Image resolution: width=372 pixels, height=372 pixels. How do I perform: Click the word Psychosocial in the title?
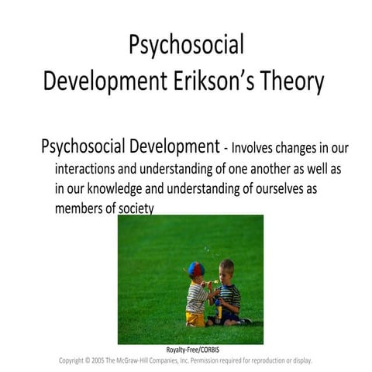click(186, 45)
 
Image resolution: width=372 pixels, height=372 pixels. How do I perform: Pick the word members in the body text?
click(81, 208)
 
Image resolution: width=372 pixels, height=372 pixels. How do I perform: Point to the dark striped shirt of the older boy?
click(229, 298)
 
